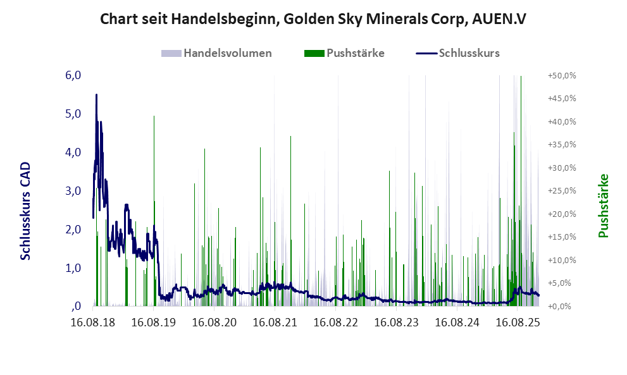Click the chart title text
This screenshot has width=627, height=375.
pyautogui.click(x=313, y=20)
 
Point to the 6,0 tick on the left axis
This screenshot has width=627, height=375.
pyautogui.click(x=73, y=75)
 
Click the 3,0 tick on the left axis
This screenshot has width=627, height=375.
pyautogui.click(x=73, y=191)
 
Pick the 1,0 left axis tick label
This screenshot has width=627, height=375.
pyautogui.click(x=73, y=268)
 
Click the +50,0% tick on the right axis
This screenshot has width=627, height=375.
pyautogui.click(x=561, y=75)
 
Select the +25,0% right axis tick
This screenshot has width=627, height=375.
pyautogui.click(x=561, y=191)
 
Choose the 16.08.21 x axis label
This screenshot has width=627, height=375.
pyautogui.click(x=275, y=323)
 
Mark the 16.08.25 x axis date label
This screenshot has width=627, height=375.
pyautogui.click(x=518, y=323)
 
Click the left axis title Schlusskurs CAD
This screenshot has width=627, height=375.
pyautogui.click(x=26, y=211)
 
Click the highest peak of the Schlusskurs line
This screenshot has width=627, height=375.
pyautogui.click(x=96, y=95)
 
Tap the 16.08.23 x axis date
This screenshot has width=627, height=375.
pyautogui.click(x=397, y=323)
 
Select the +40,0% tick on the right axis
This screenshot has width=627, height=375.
pyautogui.click(x=561, y=121)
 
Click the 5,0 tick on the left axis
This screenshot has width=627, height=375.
pyautogui.click(x=73, y=114)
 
